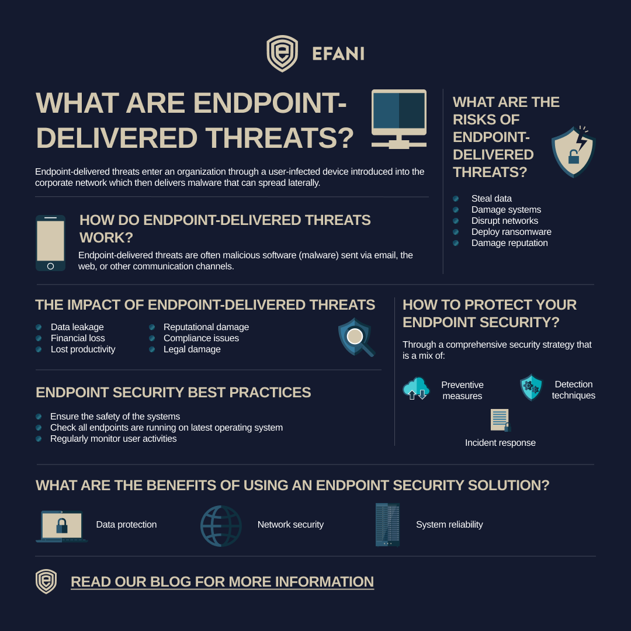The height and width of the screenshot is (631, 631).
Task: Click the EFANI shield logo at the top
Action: (282, 54)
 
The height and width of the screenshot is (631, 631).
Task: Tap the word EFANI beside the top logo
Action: (338, 54)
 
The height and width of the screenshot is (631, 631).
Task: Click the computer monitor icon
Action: (399, 119)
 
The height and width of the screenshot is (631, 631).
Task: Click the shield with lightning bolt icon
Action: (573, 152)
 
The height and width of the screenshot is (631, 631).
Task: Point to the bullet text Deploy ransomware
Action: (511, 232)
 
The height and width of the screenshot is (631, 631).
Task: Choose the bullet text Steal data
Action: (491, 199)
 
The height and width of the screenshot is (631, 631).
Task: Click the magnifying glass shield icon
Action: (356, 337)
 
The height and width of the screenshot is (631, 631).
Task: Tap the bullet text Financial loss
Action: (78, 338)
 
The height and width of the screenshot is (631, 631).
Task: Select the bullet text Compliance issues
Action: (201, 338)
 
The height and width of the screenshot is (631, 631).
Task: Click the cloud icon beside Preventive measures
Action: (416, 389)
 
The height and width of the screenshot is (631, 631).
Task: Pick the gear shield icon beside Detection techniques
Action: (531, 387)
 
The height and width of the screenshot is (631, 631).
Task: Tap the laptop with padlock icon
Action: (61, 525)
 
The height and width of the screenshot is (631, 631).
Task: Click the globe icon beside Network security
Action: (221, 525)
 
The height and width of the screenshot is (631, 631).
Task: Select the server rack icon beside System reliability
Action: (387, 525)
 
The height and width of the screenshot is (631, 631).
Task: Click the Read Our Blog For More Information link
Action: (222, 582)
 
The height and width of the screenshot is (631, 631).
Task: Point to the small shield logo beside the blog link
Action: (46, 581)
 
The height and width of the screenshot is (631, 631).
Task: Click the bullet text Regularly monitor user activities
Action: (113, 439)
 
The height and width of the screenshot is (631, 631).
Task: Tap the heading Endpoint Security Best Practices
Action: (174, 393)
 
